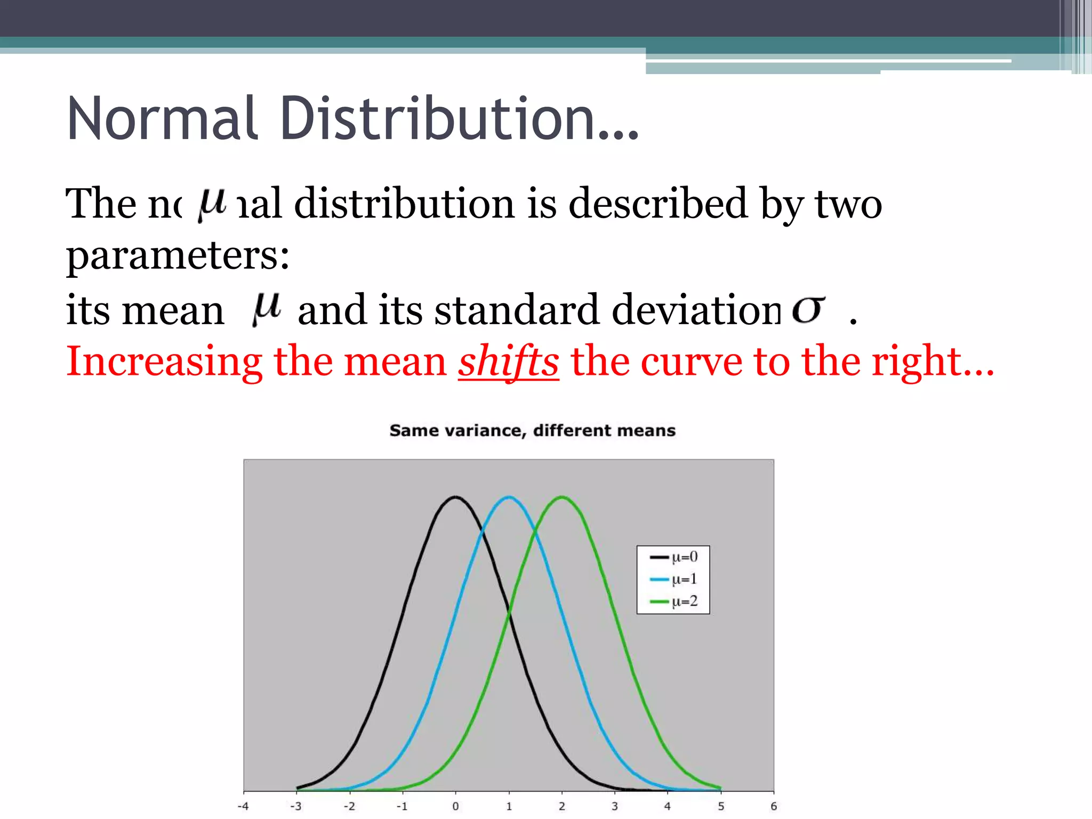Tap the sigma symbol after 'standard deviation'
click(808, 309)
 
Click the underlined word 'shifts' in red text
click(508, 363)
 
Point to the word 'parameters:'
click(178, 256)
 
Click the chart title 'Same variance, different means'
click(532, 430)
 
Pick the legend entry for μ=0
click(673, 557)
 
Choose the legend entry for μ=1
click(673, 579)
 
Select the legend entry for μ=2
click(673, 601)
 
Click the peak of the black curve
click(455, 497)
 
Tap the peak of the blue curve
click(509, 497)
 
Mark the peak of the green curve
click(561, 497)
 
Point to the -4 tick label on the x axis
click(243, 806)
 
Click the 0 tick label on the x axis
click(455, 806)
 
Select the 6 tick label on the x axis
click(774, 806)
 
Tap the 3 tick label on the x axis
click(614, 806)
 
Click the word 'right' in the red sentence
click(916, 363)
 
